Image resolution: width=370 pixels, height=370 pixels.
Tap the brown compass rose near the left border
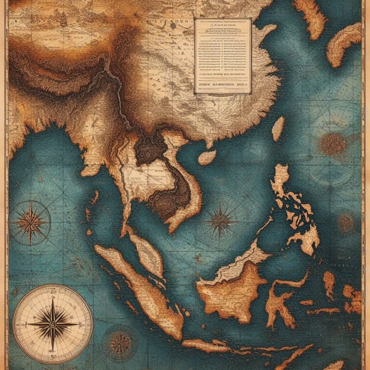(30, 223)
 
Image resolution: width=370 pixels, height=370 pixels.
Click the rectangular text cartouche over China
(223, 55)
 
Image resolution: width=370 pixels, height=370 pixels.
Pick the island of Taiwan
(278, 129)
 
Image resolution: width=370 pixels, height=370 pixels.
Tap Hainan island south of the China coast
(207, 157)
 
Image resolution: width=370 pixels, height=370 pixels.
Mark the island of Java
(217, 346)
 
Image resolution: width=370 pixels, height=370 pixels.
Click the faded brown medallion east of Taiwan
(332, 143)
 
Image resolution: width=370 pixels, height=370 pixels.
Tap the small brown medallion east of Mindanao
(345, 223)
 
